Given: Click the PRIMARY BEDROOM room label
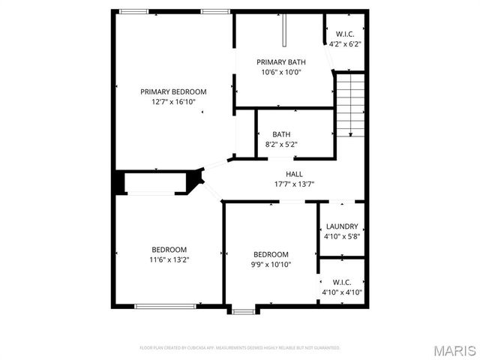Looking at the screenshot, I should click(173, 91).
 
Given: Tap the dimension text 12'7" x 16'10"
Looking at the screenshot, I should click(173, 101).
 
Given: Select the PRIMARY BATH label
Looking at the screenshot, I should click(281, 62).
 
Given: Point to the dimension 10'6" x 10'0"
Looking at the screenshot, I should click(281, 73).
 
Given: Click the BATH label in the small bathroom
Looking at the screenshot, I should click(281, 134).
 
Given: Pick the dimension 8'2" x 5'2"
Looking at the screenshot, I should click(281, 144).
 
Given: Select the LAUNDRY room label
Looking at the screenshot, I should click(341, 226).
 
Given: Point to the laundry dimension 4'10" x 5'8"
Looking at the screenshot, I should click(341, 236).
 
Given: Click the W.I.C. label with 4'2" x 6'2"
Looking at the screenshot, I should click(345, 34).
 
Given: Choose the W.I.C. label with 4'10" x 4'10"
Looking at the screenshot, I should click(342, 283).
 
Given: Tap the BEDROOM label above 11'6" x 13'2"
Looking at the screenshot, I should click(169, 250).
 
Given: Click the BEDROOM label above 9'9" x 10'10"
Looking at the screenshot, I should click(270, 254).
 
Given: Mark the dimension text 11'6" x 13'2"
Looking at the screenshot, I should click(169, 259).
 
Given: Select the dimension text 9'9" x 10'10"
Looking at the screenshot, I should click(270, 264).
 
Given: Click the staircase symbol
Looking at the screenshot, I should click(349, 104).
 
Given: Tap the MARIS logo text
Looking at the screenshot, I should click(454, 350).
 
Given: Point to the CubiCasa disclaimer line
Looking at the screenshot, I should click(240, 348).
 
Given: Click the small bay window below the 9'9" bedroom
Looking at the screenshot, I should click(241, 309).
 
